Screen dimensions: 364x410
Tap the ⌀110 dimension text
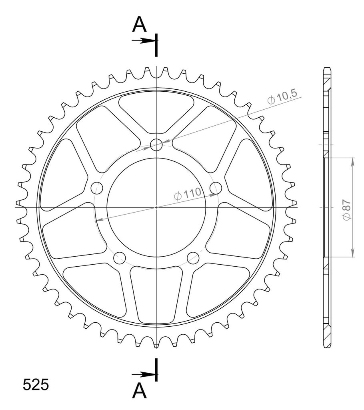click(188, 194)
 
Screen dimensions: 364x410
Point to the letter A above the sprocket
click(139, 24)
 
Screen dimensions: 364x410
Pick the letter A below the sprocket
click(139, 391)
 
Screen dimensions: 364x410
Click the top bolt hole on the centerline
click(156, 145)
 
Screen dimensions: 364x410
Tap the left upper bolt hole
click(97, 188)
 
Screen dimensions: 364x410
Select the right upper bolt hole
click(216, 188)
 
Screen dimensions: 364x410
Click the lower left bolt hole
click(120, 258)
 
